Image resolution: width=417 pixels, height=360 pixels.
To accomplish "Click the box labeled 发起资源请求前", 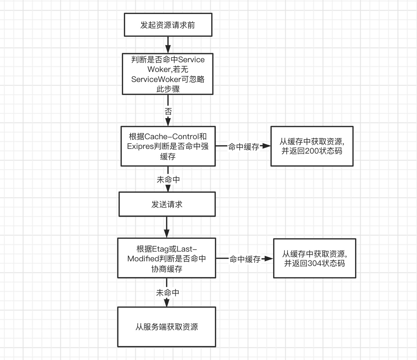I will tap(168, 25).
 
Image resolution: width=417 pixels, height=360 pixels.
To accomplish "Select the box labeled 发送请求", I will tap(167, 204).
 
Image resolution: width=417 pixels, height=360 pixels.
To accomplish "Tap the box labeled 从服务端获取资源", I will tap(167, 327).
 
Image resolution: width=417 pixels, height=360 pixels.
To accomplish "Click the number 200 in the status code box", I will tap(312, 151).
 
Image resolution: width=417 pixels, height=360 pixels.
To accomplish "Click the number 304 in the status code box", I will tap(315, 263).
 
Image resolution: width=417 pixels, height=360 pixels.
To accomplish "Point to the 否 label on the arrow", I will tap(168, 111).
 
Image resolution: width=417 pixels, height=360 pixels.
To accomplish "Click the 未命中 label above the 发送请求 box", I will tap(168, 180).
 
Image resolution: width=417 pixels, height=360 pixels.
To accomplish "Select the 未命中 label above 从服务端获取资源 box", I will tap(167, 293).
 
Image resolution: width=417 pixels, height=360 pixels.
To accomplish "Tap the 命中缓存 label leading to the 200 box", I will tap(243, 147).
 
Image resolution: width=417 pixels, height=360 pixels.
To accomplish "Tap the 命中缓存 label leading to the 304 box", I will tap(245, 259).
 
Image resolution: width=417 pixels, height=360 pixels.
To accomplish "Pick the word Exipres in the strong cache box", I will tap(140, 146).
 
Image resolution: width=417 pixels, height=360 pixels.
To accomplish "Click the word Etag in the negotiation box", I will tap(160, 249).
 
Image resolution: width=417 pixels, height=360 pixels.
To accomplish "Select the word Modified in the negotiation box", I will tap(143, 259).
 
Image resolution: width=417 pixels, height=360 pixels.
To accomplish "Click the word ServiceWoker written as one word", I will tap(156, 79).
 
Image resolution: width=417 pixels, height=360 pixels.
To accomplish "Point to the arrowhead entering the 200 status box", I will tap(266, 146).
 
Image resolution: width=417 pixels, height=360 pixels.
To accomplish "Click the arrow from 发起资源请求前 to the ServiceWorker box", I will tap(168, 44).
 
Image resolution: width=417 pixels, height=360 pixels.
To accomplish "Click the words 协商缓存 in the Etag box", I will tap(167, 269).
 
